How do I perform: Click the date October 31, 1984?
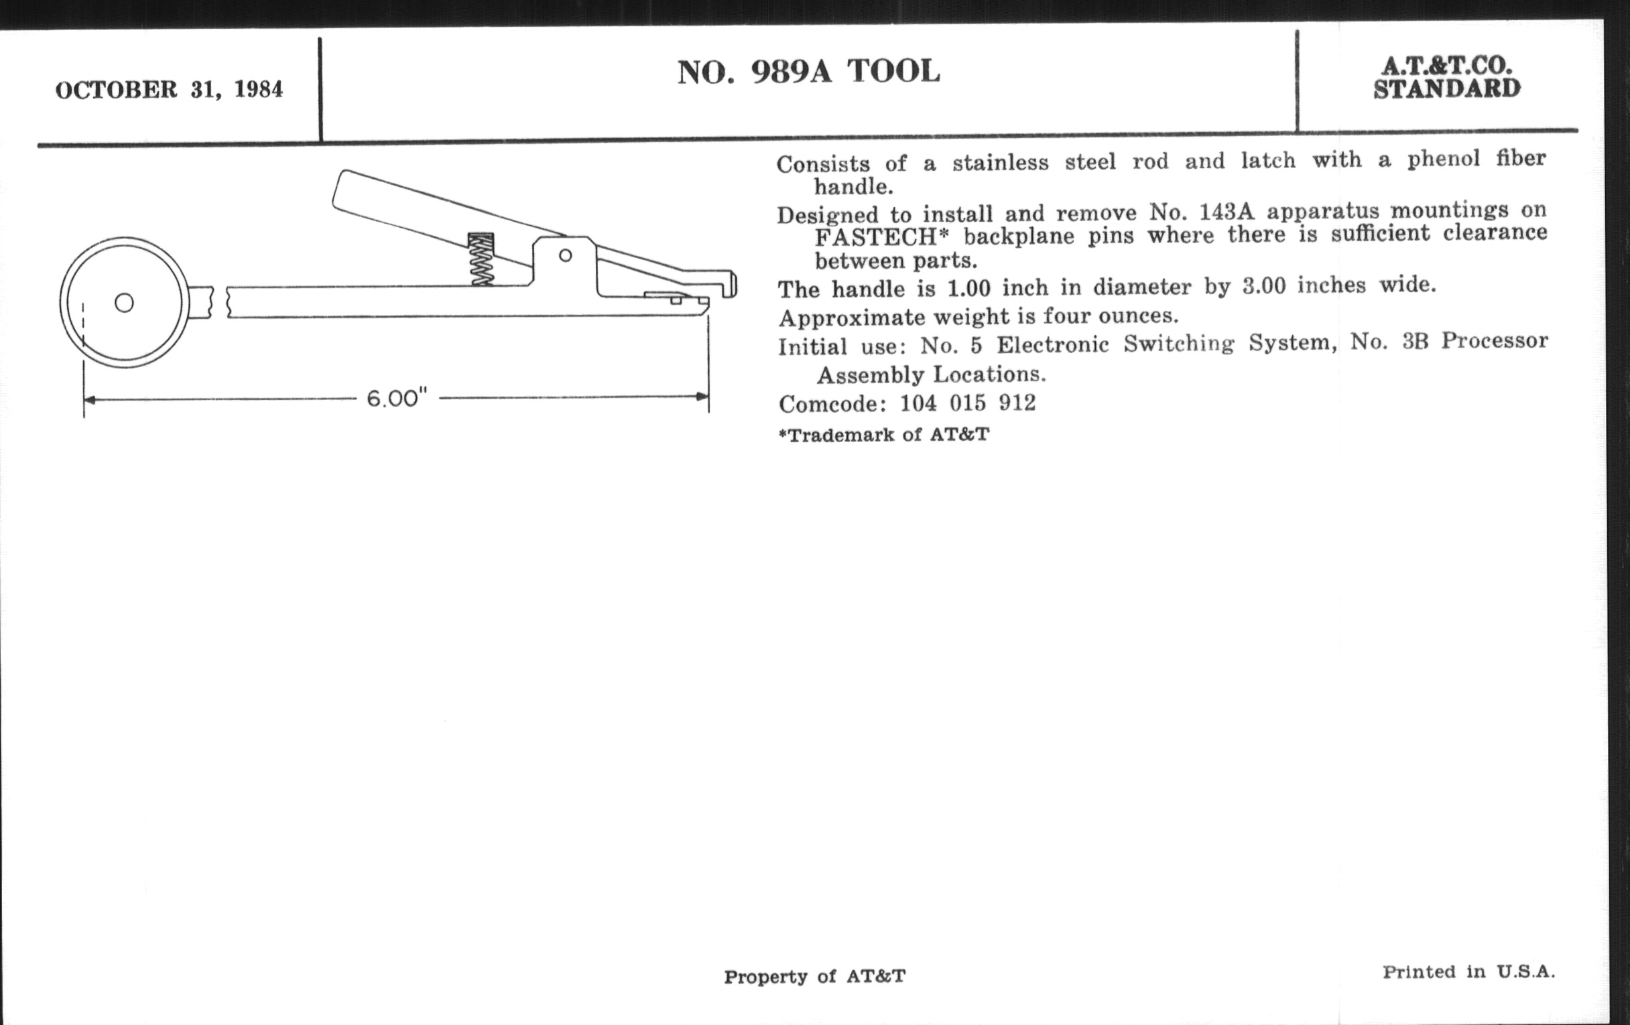point(169,90)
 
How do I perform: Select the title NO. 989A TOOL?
point(808,72)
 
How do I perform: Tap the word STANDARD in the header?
point(1446,89)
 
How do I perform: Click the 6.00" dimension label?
point(397,399)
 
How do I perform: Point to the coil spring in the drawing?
point(481,259)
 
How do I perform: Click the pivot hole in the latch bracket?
point(565,255)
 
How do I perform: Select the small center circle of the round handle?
point(124,302)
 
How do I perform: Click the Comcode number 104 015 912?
point(967,403)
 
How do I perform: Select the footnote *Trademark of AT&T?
point(883,434)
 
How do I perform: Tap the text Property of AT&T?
point(814,976)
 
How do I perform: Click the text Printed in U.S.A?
point(1468,972)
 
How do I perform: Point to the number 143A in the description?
point(1226,212)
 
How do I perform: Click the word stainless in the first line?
point(1000,162)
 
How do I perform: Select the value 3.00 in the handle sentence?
point(1264,286)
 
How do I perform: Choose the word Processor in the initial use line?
point(1494,340)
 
